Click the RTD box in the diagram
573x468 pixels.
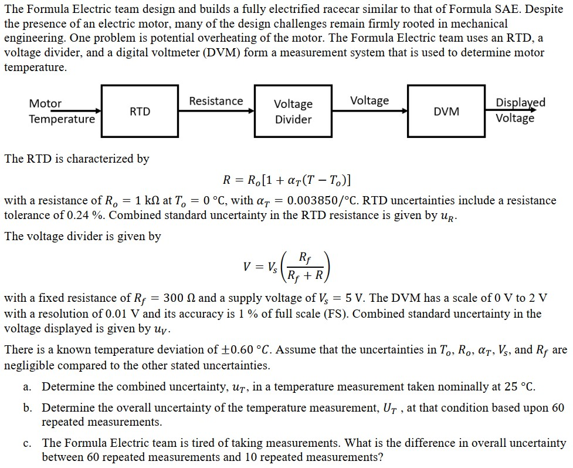click(140, 112)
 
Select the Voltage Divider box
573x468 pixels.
click(293, 112)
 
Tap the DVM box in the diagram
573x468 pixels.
click(446, 112)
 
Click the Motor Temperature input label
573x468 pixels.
click(61, 112)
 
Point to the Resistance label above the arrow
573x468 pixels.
click(216, 101)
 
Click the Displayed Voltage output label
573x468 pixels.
click(520, 110)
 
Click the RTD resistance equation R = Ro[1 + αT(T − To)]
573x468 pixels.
click(287, 180)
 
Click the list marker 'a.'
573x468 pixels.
click(28, 387)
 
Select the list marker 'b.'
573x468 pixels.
click(28, 408)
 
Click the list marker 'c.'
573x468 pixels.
click(28, 443)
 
